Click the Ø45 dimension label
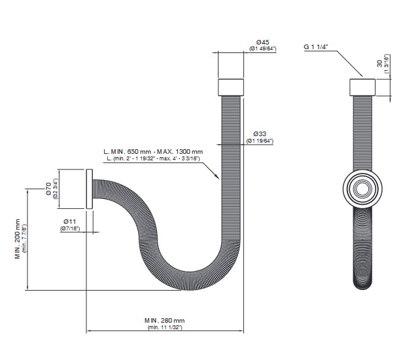262,42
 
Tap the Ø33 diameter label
260,134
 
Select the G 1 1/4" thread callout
316,47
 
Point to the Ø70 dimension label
48,189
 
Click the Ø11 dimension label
70,221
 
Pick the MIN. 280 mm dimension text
164,321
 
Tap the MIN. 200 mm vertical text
18,239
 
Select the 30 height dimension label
379,63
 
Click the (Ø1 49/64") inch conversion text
263,48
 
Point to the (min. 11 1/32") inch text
165,327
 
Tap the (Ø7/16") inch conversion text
70,228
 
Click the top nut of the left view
231,88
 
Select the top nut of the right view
362,88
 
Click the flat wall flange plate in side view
89,189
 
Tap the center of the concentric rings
362,189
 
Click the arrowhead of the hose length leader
217,176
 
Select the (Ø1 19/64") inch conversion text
260,141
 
